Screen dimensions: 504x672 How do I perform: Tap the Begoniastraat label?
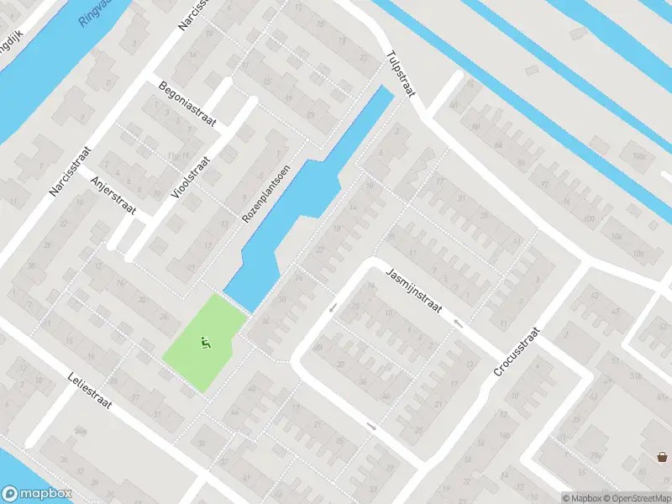pyautogui.click(x=187, y=104)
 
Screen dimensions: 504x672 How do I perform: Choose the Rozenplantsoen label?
pyautogui.click(x=265, y=193)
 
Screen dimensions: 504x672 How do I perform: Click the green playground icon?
pyautogui.click(x=204, y=342)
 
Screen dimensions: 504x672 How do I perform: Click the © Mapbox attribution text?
pyautogui.click(x=581, y=498)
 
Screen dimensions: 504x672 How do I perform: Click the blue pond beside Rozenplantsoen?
pyautogui.click(x=294, y=210)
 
